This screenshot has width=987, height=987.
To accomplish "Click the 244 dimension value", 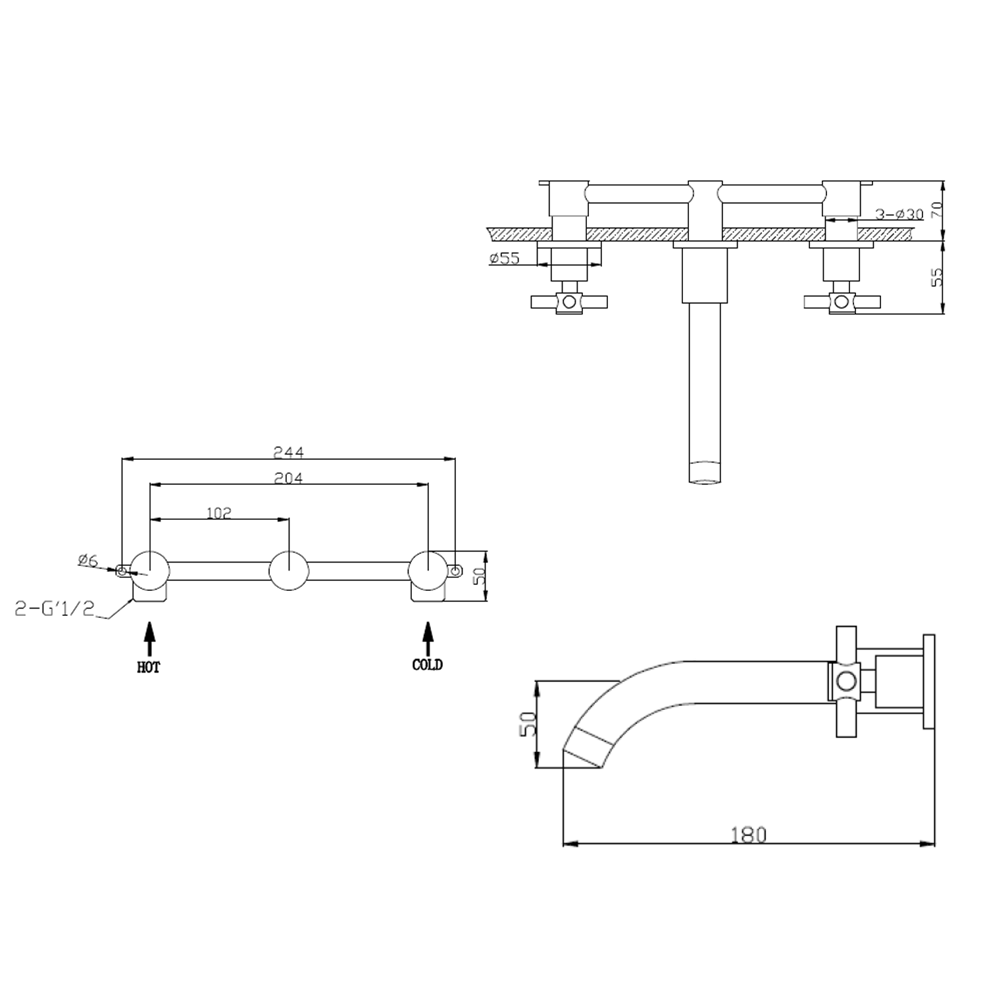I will click(x=289, y=452).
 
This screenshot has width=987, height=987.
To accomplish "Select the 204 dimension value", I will click(x=289, y=478).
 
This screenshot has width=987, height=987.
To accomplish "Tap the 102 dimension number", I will click(x=218, y=513).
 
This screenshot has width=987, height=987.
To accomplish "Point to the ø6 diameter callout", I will click(x=88, y=561).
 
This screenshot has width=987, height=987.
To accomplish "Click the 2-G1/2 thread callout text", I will click(x=55, y=609).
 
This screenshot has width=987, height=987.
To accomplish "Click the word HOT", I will click(x=149, y=667).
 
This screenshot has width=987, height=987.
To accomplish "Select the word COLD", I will click(x=427, y=665).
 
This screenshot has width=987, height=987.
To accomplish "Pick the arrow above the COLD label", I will click(x=428, y=638).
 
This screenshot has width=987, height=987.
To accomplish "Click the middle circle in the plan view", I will click(x=289, y=570).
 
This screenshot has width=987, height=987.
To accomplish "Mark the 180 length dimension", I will click(x=749, y=834).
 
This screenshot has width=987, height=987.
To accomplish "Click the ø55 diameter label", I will click(x=505, y=259).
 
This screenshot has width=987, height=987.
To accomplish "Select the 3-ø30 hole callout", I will click(x=899, y=214).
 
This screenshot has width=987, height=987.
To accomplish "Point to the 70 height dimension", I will click(x=938, y=210).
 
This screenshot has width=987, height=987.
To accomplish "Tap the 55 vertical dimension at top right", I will click(x=938, y=276).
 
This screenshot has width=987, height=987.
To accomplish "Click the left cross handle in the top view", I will click(x=569, y=302).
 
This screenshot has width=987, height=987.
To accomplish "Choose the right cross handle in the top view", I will click(x=842, y=302).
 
